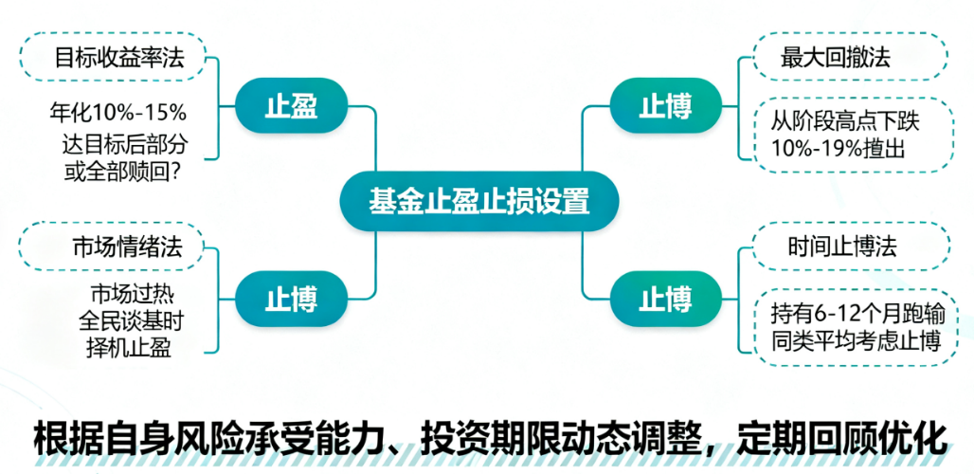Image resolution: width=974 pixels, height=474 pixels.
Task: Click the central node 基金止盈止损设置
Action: point(479,201)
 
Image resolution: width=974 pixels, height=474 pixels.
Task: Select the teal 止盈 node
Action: point(292,106)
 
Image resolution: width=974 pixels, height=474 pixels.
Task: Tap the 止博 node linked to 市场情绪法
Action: point(292,299)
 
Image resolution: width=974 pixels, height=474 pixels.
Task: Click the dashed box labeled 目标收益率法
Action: point(118,57)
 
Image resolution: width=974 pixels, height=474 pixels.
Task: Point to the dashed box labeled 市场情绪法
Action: point(118,248)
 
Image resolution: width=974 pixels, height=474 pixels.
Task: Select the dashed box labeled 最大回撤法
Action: point(848,57)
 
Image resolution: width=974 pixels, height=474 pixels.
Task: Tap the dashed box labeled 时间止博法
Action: point(848,248)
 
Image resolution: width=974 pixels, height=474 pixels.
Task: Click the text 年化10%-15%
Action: point(118,114)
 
